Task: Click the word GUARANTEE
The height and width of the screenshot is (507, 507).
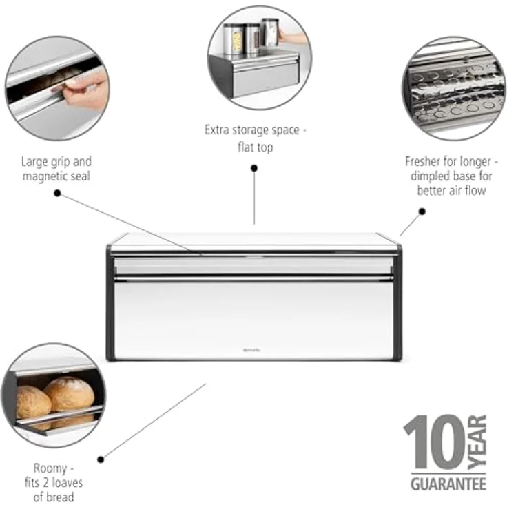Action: tap(448, 484)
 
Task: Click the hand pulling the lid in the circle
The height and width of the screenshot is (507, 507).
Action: tap(86, 87)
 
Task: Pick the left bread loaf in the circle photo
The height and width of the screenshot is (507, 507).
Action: tap(33, 402)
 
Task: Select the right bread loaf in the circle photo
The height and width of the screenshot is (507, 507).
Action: tap(69, 395)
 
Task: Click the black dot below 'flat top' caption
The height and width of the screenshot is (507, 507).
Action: tap(254, 167)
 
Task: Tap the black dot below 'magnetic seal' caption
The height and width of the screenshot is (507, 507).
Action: tap(57, 194)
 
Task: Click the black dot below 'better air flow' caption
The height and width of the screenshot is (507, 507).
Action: tap(422, 211)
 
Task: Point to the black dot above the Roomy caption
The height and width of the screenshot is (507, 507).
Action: tap(101, 459)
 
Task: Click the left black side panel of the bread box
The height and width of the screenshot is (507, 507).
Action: tap(110, 303)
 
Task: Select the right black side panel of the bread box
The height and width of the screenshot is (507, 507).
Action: tap(397, 303)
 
